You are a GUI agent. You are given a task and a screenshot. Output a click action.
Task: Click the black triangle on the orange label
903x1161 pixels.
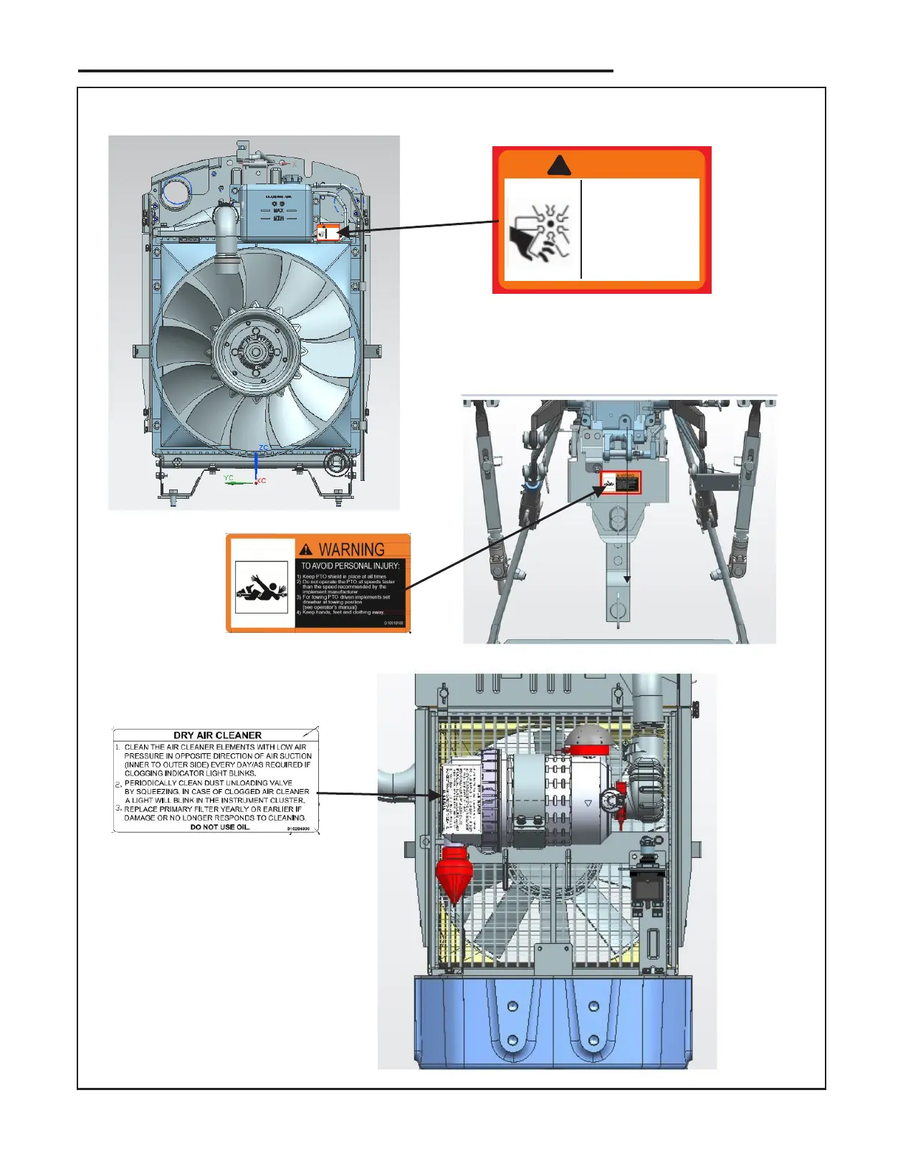tap(559, 166)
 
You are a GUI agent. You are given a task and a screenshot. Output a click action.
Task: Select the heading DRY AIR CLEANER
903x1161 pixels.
tap(217, 735)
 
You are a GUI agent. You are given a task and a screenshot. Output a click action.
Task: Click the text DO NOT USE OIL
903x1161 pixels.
tap(220, 827)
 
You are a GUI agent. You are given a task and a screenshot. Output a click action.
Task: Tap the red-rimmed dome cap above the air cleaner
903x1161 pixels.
tap(588, 740)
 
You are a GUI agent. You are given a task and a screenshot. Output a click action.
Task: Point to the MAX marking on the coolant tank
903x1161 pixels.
tap(278, 211)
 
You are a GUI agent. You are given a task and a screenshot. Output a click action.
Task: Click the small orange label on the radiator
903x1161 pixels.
tap(328, 233)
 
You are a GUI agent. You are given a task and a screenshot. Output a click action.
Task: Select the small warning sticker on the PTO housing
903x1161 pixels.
tap(620, 482)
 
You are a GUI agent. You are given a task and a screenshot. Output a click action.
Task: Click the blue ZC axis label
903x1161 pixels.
tap(263, 448)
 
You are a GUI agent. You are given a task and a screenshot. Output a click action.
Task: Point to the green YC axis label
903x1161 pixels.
tap(229, 478)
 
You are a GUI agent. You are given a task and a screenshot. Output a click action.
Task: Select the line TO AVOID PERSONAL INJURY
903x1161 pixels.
tap(350, 566)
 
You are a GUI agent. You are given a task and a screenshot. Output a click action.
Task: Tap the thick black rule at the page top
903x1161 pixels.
tap(345, 71)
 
